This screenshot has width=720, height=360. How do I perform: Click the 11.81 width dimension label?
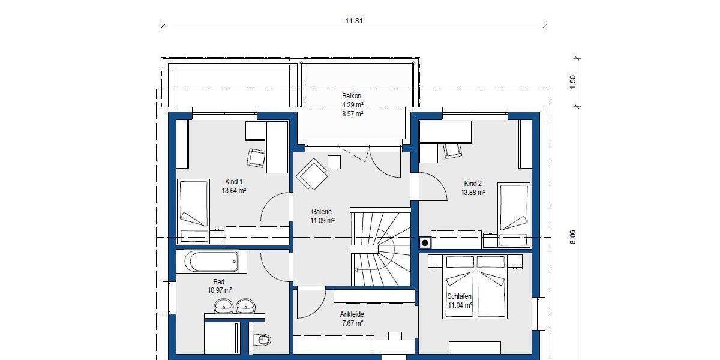[x=354, y=20]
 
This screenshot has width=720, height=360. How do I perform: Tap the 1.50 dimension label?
[x=572, y=81]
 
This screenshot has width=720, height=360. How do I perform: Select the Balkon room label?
[x=352, y=96]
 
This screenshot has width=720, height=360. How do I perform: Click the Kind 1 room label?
[x=234, y=182]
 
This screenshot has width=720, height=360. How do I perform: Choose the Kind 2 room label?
[x=473, y=184]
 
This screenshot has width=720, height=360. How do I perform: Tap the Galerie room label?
[x=322, y=212]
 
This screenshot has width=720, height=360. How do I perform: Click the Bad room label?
[x=219, y=281]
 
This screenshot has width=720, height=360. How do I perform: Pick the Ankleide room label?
[x=352, y=314]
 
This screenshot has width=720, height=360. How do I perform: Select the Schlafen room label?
[x=459, y=297]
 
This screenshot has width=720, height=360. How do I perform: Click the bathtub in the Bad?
[x=211, y=262]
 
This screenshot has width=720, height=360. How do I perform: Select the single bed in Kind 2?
[x=514, y=209]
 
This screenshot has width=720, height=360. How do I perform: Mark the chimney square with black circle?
[x=424, y=242]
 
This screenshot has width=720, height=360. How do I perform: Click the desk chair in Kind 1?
[x=256, y=157]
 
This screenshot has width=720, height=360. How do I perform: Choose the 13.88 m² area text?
[x=473, y=193]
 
